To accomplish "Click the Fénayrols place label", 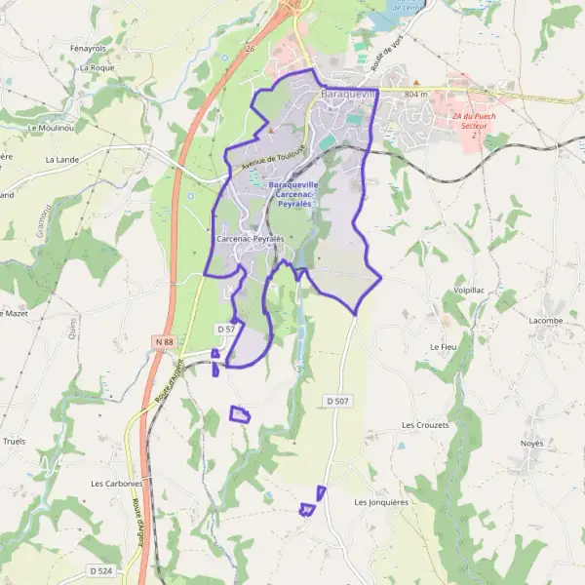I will [87, 48].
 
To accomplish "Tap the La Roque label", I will [97, 68].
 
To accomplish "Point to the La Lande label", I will [61, 158].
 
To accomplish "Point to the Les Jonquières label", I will [381, 502].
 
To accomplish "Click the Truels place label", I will [14, 441].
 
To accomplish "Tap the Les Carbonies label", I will [117, 483].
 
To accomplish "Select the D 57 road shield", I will [225, 330].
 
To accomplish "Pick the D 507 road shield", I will [337, 401].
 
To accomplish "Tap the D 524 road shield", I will [100, 570].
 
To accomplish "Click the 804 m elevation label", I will [416, 94].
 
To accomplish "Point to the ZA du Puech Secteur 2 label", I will [474, 126].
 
